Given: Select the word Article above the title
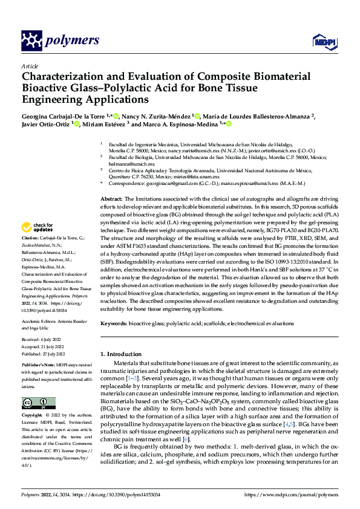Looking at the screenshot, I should point(30,65).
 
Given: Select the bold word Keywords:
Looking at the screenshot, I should point(114,324).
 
